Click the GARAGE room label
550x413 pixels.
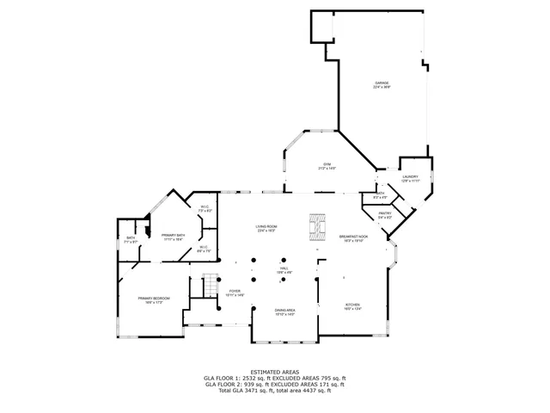point(382,83)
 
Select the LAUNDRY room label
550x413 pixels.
point(410,176)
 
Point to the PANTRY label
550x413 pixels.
point(385,213)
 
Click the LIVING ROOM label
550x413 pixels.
point(266,227)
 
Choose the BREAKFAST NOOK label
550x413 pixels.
point(353,237)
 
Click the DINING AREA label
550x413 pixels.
point(285,310)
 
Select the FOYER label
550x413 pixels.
point(235,292)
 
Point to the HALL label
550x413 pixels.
point(283,268)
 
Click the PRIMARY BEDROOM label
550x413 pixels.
point(156,298)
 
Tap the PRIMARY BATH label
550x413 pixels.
point(174,235)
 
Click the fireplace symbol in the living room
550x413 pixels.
point(319,228)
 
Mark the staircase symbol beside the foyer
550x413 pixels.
point(206,285)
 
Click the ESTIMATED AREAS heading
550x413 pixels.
point(276,372)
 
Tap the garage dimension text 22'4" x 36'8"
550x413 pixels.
point(382,87)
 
